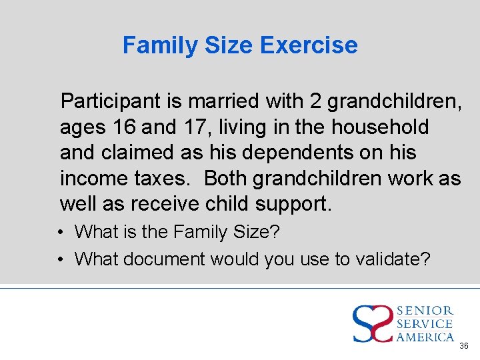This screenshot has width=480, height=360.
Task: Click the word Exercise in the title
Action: coord(309,45)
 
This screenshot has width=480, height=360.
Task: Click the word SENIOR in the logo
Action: coord(425,311)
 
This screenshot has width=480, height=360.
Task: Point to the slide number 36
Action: coord(464,347)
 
